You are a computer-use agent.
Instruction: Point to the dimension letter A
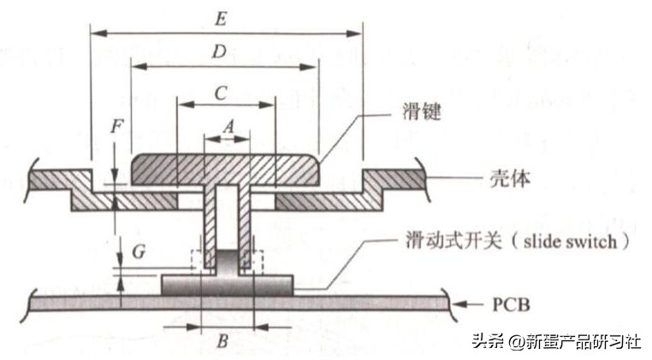pyautogui.click(x=227, y=123)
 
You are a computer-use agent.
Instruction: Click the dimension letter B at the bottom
pyautogui.click(x=222, y=342)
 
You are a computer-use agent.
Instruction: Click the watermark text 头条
pyautogui.click(x=484, y=341)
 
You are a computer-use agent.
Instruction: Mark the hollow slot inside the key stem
pyautogui.click(x=226, y=214)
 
